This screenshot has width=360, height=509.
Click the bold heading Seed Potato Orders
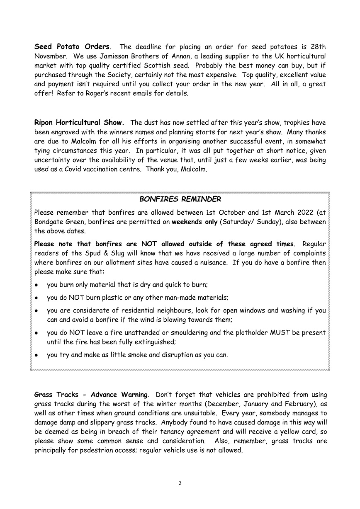click(72, 46)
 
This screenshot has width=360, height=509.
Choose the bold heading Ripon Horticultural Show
click(79, 123)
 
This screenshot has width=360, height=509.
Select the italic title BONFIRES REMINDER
click(180, 199)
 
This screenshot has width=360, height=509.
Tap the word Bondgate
click(49, 222)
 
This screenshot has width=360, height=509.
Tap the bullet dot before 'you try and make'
click(37, 356)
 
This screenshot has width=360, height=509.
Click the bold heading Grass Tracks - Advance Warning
click(91, 395)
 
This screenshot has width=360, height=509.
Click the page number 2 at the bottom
click(180, 483)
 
